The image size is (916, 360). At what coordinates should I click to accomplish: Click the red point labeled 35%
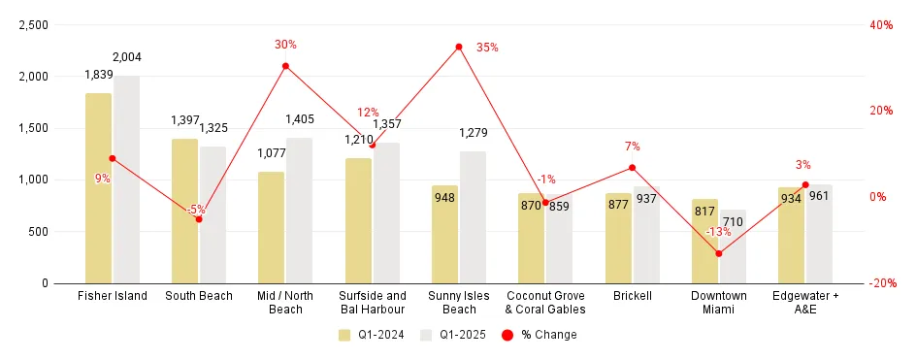coord(459,47)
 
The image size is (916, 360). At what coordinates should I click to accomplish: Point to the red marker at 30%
coord(285,66)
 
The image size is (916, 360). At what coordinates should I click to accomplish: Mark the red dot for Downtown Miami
coord(719,253)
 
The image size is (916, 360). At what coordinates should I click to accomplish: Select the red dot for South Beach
coord(199,219)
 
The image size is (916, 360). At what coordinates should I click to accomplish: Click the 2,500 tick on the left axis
coord(33,25)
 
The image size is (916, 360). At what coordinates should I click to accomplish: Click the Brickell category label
coord(633,296)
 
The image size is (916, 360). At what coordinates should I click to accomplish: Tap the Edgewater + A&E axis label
coord(805,302)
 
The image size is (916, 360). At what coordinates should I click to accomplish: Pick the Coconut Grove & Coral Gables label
coord(545,302)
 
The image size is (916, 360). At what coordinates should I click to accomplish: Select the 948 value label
coord(444,198)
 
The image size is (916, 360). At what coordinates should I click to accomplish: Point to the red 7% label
coord(633,147)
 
